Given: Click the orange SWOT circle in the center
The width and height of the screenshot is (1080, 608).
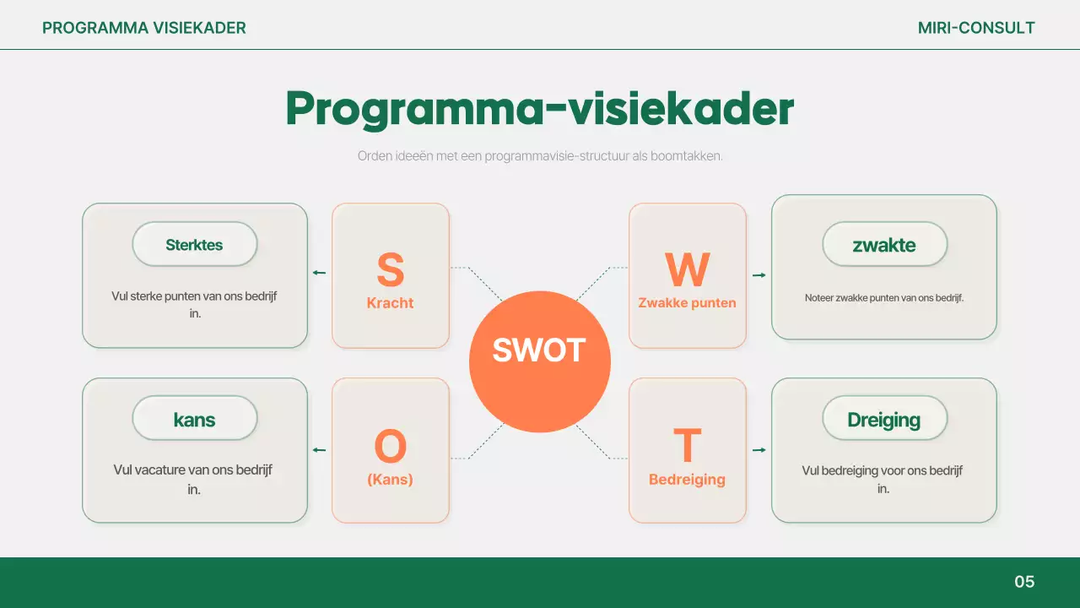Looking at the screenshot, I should tap(539, 361).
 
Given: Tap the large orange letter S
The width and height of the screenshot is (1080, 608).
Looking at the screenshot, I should tap(390, 269).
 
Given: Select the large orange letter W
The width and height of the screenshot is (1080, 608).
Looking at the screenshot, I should tap(687, 269).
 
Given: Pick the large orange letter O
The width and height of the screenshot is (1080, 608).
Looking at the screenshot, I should tap(390, 447).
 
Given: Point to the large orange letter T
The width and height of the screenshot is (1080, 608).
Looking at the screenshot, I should tap(687, 446).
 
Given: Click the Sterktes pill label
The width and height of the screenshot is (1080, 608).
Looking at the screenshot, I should tap(194, 245).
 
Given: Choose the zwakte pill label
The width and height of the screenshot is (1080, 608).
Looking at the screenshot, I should tap(884, 245).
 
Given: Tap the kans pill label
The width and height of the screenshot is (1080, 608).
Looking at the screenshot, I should tap(194, 419).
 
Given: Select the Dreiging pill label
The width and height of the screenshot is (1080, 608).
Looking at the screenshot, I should tap(884, 419).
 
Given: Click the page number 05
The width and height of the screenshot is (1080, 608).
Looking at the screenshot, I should tap(1023, 582).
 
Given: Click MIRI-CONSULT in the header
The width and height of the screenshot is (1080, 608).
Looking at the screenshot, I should tap(976, 28).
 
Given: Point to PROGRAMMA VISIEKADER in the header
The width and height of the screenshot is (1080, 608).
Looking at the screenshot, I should tap(144, 28).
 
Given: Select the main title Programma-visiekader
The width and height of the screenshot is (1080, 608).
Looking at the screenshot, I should tap(539, 109).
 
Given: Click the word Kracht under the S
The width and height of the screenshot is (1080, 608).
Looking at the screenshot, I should tap(390, 303).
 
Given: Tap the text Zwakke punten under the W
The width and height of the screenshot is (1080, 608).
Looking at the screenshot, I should tap(687, 303).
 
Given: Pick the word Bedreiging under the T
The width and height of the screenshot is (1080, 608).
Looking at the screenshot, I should tap(687, 480).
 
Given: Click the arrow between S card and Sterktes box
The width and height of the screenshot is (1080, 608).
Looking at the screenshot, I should tap(319, 273).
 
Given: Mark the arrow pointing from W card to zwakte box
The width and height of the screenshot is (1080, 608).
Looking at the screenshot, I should tap(759, 275).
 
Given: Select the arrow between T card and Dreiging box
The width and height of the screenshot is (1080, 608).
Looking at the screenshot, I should tap(759, 450).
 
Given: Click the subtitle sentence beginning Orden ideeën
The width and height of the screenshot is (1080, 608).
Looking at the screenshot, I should tap(539, 156).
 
